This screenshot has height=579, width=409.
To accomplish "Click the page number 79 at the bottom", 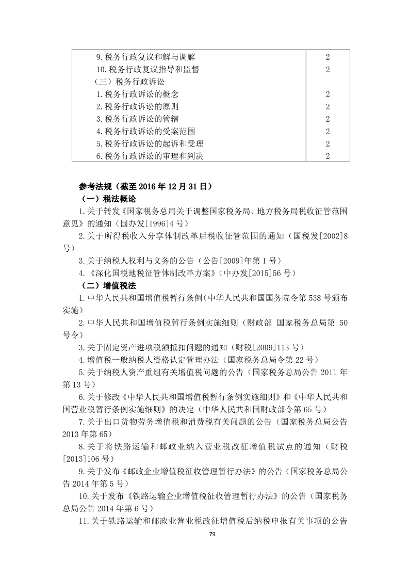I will coord(204,533).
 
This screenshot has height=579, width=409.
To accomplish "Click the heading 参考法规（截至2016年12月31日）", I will coord(145,186).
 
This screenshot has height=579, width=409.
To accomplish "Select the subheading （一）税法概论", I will coord(109,199).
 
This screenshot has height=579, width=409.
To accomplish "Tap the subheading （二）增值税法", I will coord(109,285).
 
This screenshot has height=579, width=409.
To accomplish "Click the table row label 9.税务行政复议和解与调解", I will coord(145,57).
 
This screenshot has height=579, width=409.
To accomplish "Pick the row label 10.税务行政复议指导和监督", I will coord(148,69).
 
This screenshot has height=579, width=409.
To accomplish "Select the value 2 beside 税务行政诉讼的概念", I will coord(328,94).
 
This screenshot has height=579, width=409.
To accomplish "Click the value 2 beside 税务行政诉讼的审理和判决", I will coord(328,156).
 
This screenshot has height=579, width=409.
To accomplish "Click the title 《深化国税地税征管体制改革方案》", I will coord(156,273).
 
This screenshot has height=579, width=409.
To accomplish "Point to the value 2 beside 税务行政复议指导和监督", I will coord(328,69).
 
